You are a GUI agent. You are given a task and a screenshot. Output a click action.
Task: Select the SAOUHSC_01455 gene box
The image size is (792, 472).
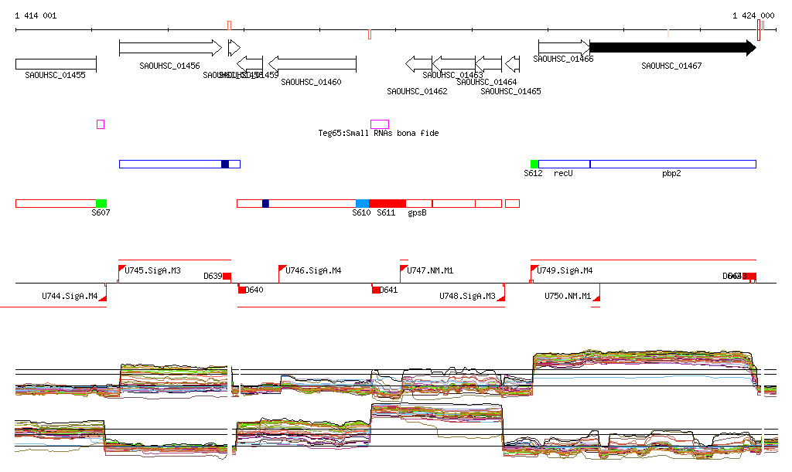[56, 64]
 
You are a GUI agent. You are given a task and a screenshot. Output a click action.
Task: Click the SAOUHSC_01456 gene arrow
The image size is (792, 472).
[170, 48]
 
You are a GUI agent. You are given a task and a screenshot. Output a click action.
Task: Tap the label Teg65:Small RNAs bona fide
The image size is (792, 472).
[378, 134]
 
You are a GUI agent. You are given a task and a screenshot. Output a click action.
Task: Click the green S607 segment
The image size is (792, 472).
[101, 203]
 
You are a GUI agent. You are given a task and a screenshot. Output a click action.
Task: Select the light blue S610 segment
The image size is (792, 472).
[362, 203]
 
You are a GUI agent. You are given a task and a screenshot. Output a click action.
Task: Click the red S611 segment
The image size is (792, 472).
[387, 203]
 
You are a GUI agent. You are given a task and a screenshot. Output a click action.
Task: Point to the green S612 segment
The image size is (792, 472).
[534, 164]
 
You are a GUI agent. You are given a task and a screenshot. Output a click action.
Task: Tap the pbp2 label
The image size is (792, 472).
[671, 174]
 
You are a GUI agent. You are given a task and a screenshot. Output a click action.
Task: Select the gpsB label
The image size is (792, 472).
[417, 213]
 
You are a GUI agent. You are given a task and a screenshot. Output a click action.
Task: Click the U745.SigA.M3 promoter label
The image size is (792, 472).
[152, 271]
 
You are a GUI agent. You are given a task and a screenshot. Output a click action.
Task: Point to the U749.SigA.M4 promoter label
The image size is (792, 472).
[565, 271]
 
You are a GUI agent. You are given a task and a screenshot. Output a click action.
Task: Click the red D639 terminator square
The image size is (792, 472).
[227, 277]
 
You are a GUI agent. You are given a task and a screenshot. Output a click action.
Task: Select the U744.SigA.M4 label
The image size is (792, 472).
[70, 296]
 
